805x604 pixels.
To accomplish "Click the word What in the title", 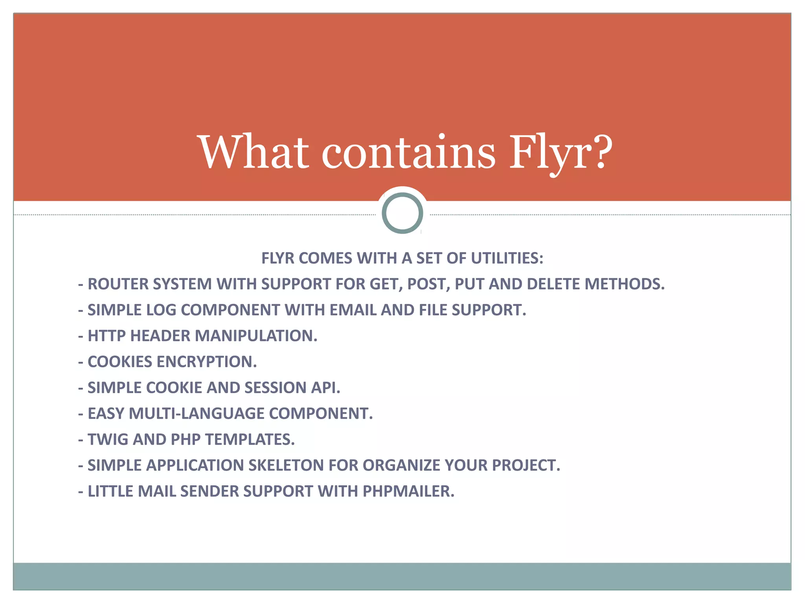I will tap(254, 152).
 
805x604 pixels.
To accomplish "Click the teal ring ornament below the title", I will tap(402, 213).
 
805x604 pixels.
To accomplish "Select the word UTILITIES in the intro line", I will tap(507, 258).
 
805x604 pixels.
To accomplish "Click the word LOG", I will tap(161, 310).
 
